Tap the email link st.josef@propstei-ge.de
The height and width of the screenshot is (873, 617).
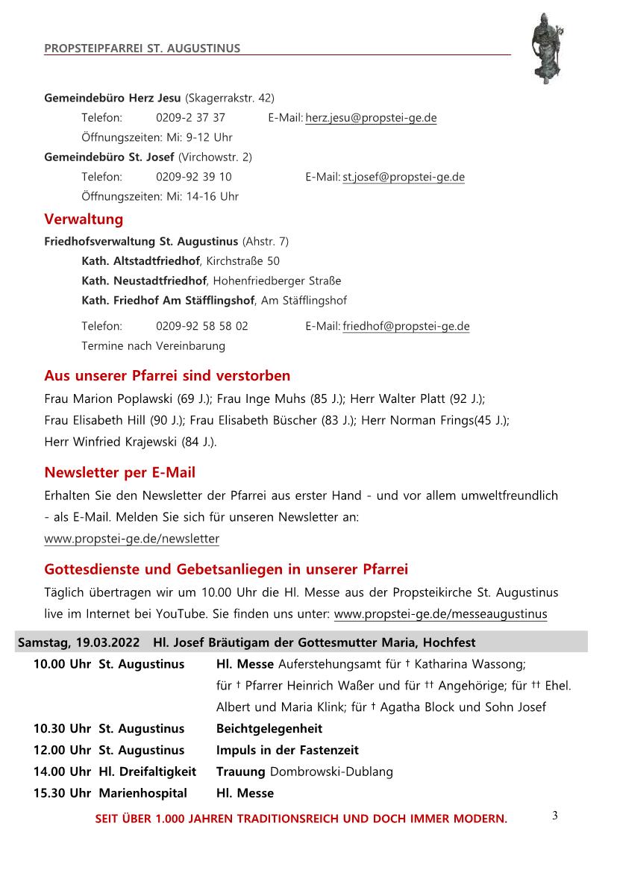(x=403, y=177)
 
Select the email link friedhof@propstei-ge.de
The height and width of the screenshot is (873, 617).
(x=406, y=326)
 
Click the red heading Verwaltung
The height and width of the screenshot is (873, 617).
(x=84, y=219)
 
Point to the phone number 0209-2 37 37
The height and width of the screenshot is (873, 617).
(x=190, y=118)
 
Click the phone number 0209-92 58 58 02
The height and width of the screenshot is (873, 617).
(x=202, y=326)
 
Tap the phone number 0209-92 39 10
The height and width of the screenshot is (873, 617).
(x=193, y=177)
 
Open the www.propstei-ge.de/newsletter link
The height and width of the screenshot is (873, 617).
(x=131, y=538)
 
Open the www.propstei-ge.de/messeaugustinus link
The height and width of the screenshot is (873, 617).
(x=440, y=614)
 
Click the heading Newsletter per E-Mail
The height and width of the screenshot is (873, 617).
(x=119, y=472)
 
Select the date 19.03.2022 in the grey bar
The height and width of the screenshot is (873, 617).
(x=108, y=642)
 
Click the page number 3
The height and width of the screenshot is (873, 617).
(x=554, y=816)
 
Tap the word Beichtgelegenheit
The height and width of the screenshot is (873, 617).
(x=269, y=728)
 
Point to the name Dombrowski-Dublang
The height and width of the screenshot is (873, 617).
(x=331, y=772)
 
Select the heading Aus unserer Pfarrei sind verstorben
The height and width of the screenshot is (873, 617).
(x=167, y=375)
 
